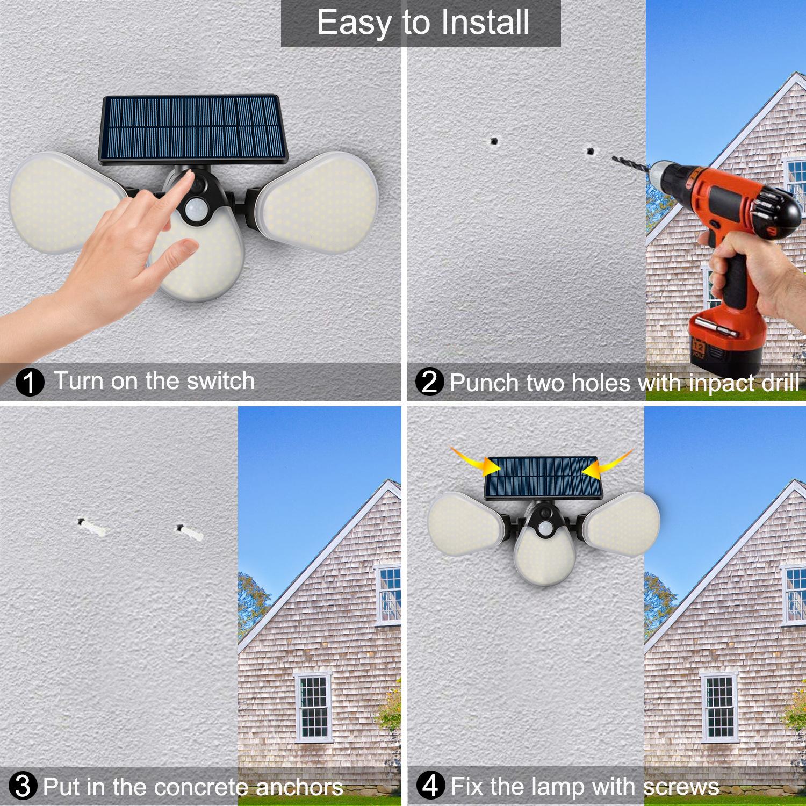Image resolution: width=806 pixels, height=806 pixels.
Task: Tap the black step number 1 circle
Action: [30, 383]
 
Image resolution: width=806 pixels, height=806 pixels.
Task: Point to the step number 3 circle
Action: [23, 787]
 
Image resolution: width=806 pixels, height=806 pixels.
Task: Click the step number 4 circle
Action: [430, 787]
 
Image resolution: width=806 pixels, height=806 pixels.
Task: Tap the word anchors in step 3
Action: [299, 787]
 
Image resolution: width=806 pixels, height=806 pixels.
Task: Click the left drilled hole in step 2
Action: [493, 142]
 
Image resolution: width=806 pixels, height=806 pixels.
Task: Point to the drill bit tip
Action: [612, 157]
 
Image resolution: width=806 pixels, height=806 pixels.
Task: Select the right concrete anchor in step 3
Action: [189, 532]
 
